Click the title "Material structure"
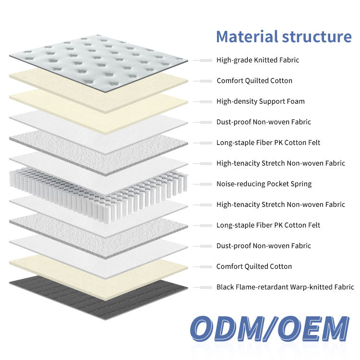(x=284, y=37)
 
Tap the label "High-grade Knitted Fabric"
(x=258, y=60)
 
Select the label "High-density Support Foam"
(x=261, y=101)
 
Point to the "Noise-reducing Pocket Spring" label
(x=264, y=184)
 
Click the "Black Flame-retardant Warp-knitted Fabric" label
(x=285, y=287)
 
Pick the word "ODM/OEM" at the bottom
(x=269, y=330)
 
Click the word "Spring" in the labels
(x=300, y=184)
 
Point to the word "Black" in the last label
(x=225, y=287)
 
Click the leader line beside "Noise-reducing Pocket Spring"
(x=203, y=184)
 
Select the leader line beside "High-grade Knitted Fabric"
(x=203, y=60)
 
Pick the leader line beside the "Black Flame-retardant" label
(x=203, y=287)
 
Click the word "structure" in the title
(x=317, y=37)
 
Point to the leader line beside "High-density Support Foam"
(x=203, y=101)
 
